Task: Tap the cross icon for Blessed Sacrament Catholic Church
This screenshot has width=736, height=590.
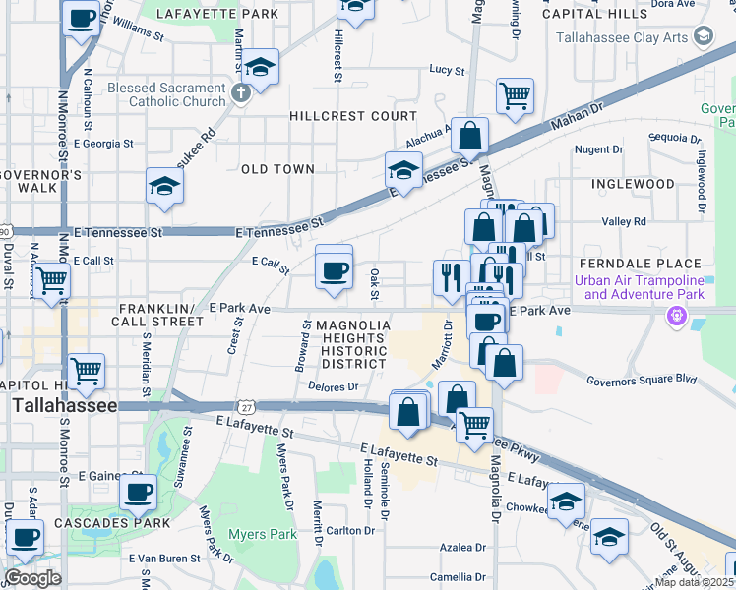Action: [x=242, y=95]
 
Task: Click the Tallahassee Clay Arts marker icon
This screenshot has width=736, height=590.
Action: [x=703, y=37]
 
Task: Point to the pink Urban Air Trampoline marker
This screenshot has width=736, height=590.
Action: [x=676, y=316]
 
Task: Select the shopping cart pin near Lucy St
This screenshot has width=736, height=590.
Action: [x=515, y=96]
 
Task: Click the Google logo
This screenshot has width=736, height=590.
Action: [x=33, y=578]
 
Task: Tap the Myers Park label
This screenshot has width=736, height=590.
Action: [x=262, y=535]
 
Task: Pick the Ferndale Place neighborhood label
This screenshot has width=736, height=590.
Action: [x=640, y=264]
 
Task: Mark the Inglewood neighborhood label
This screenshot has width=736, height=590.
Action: [x=633, y=184]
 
